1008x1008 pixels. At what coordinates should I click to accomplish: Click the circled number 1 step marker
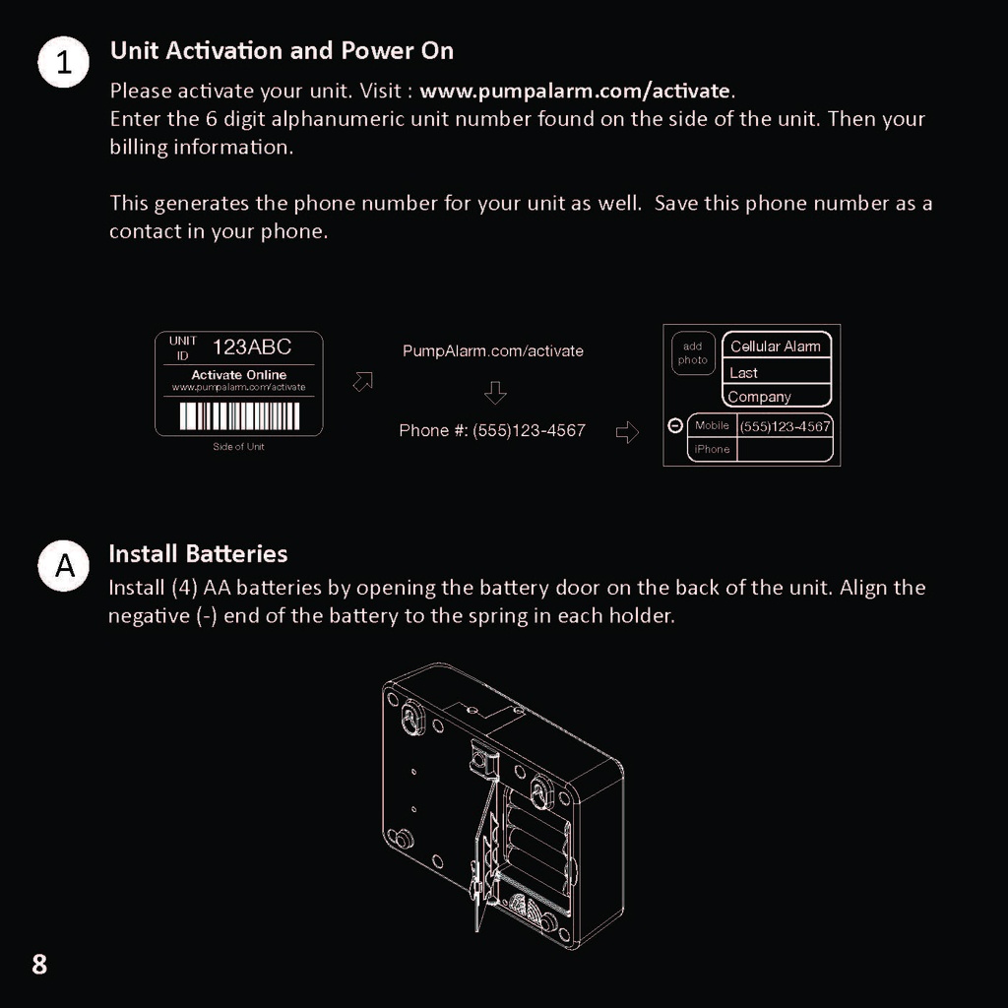pyautogui.click(x=64, y=64)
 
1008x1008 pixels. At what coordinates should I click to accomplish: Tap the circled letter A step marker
pyautogui.click(x=64, y=566)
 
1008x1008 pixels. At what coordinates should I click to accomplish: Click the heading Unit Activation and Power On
pyautogui.click(x=282, y=50)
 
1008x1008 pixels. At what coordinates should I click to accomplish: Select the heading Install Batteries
pyautogui.click(x=198, y=553)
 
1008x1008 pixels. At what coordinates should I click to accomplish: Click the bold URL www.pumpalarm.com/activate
pyautogui.click(x=576, y=92)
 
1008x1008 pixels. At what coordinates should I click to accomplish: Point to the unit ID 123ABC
pyautogui.click(x=252, y=346)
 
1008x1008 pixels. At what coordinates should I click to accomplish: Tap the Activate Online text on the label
pyautogui.click(x=238, y=374)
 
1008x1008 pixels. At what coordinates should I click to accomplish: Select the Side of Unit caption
pyautogui.click(x=238, y=447)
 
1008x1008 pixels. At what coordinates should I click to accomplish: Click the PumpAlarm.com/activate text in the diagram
pyautogui.click(x=492, y=350)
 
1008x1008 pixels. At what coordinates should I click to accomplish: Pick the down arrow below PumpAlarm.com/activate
pyautogui.click(x=495, y=393)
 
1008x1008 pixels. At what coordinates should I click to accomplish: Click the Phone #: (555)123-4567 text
pyautogui.click(x=492, y=430)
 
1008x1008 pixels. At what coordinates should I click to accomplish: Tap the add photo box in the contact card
pyautogui.click(x=693, y=353)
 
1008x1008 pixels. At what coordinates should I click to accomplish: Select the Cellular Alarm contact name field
pyautogui.click(x=776, y=346)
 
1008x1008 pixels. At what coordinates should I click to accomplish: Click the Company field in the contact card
pyautogui.click(x=760, y=397)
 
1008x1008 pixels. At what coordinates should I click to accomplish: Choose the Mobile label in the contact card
pyautogui.click(x=712, y=425)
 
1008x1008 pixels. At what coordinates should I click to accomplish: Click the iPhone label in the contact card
pyautogui.click(x=712, y=450)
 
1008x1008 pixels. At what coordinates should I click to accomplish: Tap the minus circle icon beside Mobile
pyautogui.click(x=675, y=426)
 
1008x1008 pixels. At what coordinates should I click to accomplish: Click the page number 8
pyautogui.click(x=39, y=964)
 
